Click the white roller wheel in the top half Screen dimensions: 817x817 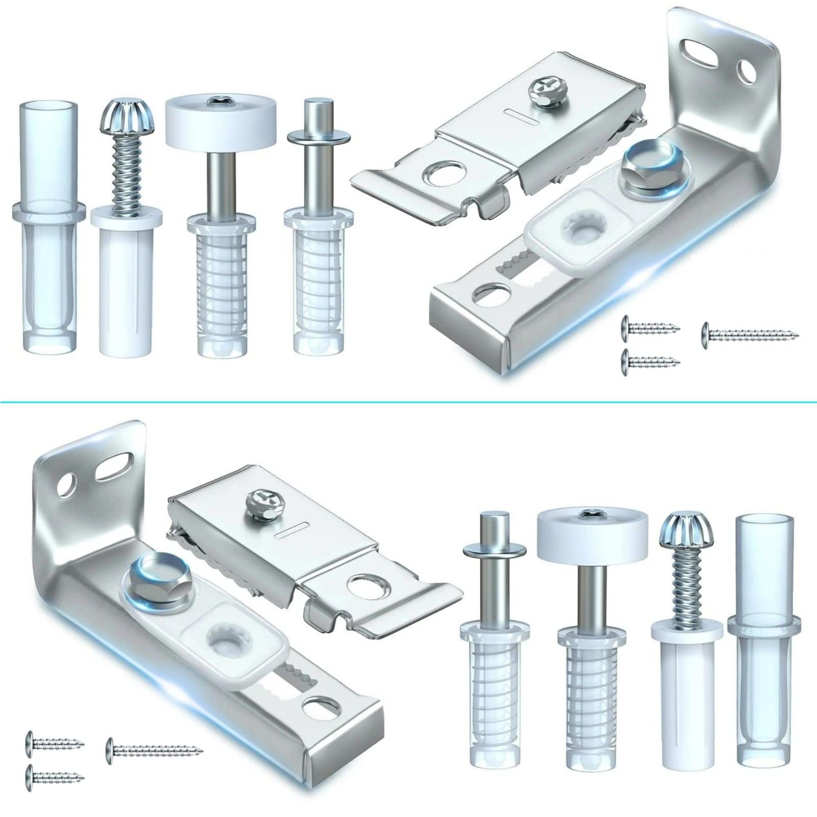click(x=221, y=122)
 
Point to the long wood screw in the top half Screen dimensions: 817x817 click(x=751, y=334)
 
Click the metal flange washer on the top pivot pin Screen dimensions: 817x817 click(x=319, y=137)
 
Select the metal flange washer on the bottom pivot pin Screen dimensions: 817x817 click(x=494, y=550)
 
